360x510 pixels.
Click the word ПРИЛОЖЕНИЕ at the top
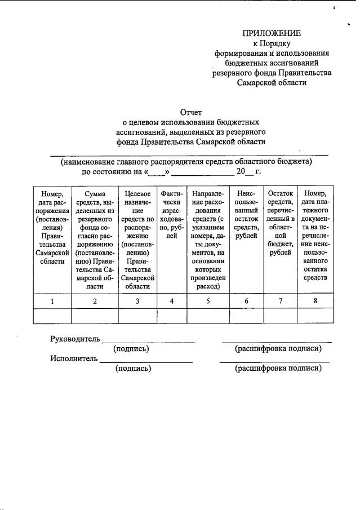tap(272, 33)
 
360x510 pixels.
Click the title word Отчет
tap(190, 112)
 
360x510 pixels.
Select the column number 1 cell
tap(52, 301)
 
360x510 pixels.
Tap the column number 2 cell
tap(95, 301)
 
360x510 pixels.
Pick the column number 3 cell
tap(137, 301)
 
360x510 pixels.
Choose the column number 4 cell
tap(171, 301)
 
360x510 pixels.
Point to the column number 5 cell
tap(208, 301)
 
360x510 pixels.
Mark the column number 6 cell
tap(246, 301)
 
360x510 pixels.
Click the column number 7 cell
tap(281, 301)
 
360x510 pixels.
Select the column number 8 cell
tap(315, 301)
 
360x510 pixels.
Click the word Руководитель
tap(75, 339)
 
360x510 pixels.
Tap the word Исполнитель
tap(73, 358)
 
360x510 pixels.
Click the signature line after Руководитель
tap(149, 342)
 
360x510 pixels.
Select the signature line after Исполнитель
tap(146, 361)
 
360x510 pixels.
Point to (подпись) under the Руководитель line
tap(131, 349)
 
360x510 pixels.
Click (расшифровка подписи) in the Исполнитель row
tap(278, 369)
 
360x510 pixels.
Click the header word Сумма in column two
tap(95, 194)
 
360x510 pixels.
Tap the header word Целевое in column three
tap(137, 194)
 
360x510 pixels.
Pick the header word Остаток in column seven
tap(281, 194)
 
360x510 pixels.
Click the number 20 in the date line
tap(242, 172)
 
